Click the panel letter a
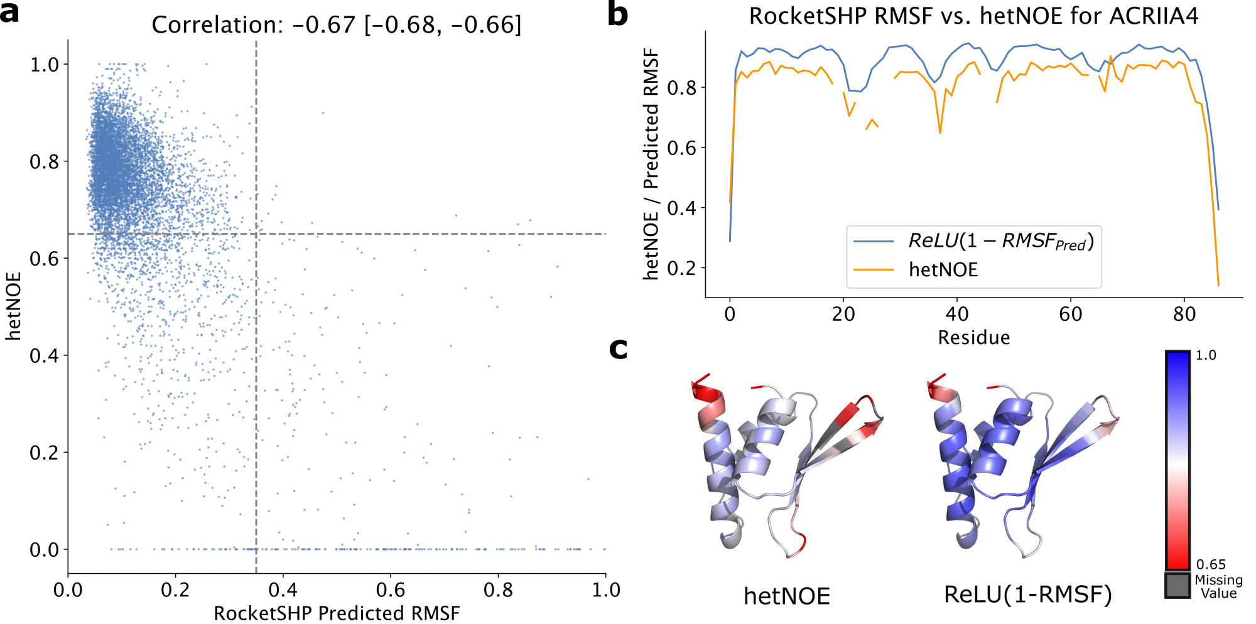pyautogui.click(x=9, y=13)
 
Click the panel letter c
pyautogui.click(x=619, y=348)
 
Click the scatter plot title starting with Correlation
pyautogui.click(x=337, y=25)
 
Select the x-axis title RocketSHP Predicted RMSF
pyautogui.click(x=337, y=613)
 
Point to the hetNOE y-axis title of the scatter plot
pyautogui.click(x=14, y=306)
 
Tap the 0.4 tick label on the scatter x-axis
pyautogui.click(x=283, y=590)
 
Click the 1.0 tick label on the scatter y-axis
pyautogui.click(x=45, y=65)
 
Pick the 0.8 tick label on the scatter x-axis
pyautogui.click(x=498, y=590)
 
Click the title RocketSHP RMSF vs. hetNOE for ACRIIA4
pyautogui.click(x=973, y=16)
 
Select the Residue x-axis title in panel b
pyautogui.click(x=973, y=338)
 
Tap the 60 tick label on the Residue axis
pyautogui.click(x=1071, y=314)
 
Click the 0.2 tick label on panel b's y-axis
pyautogui.click(x=682, y=268)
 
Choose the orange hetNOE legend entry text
pyautogui.click(x=943, y=270)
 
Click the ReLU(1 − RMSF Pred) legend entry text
pyautogui.click(x=1001, y=241)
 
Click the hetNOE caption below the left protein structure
pyautogui.click(x=787, y=596)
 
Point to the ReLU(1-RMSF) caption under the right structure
pyautogui.click(x=1028, y=594)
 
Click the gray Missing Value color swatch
pyautogui.click(x=1177, y=585)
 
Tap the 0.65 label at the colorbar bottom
pyautogui.click(x=1211, y=564)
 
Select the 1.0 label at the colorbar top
pyautogui.click(x=1206, y=355)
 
